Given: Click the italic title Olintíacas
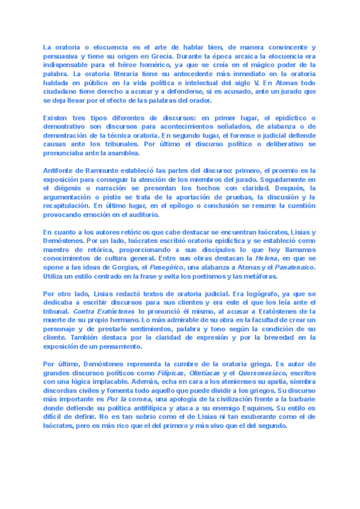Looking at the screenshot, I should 214,373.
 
